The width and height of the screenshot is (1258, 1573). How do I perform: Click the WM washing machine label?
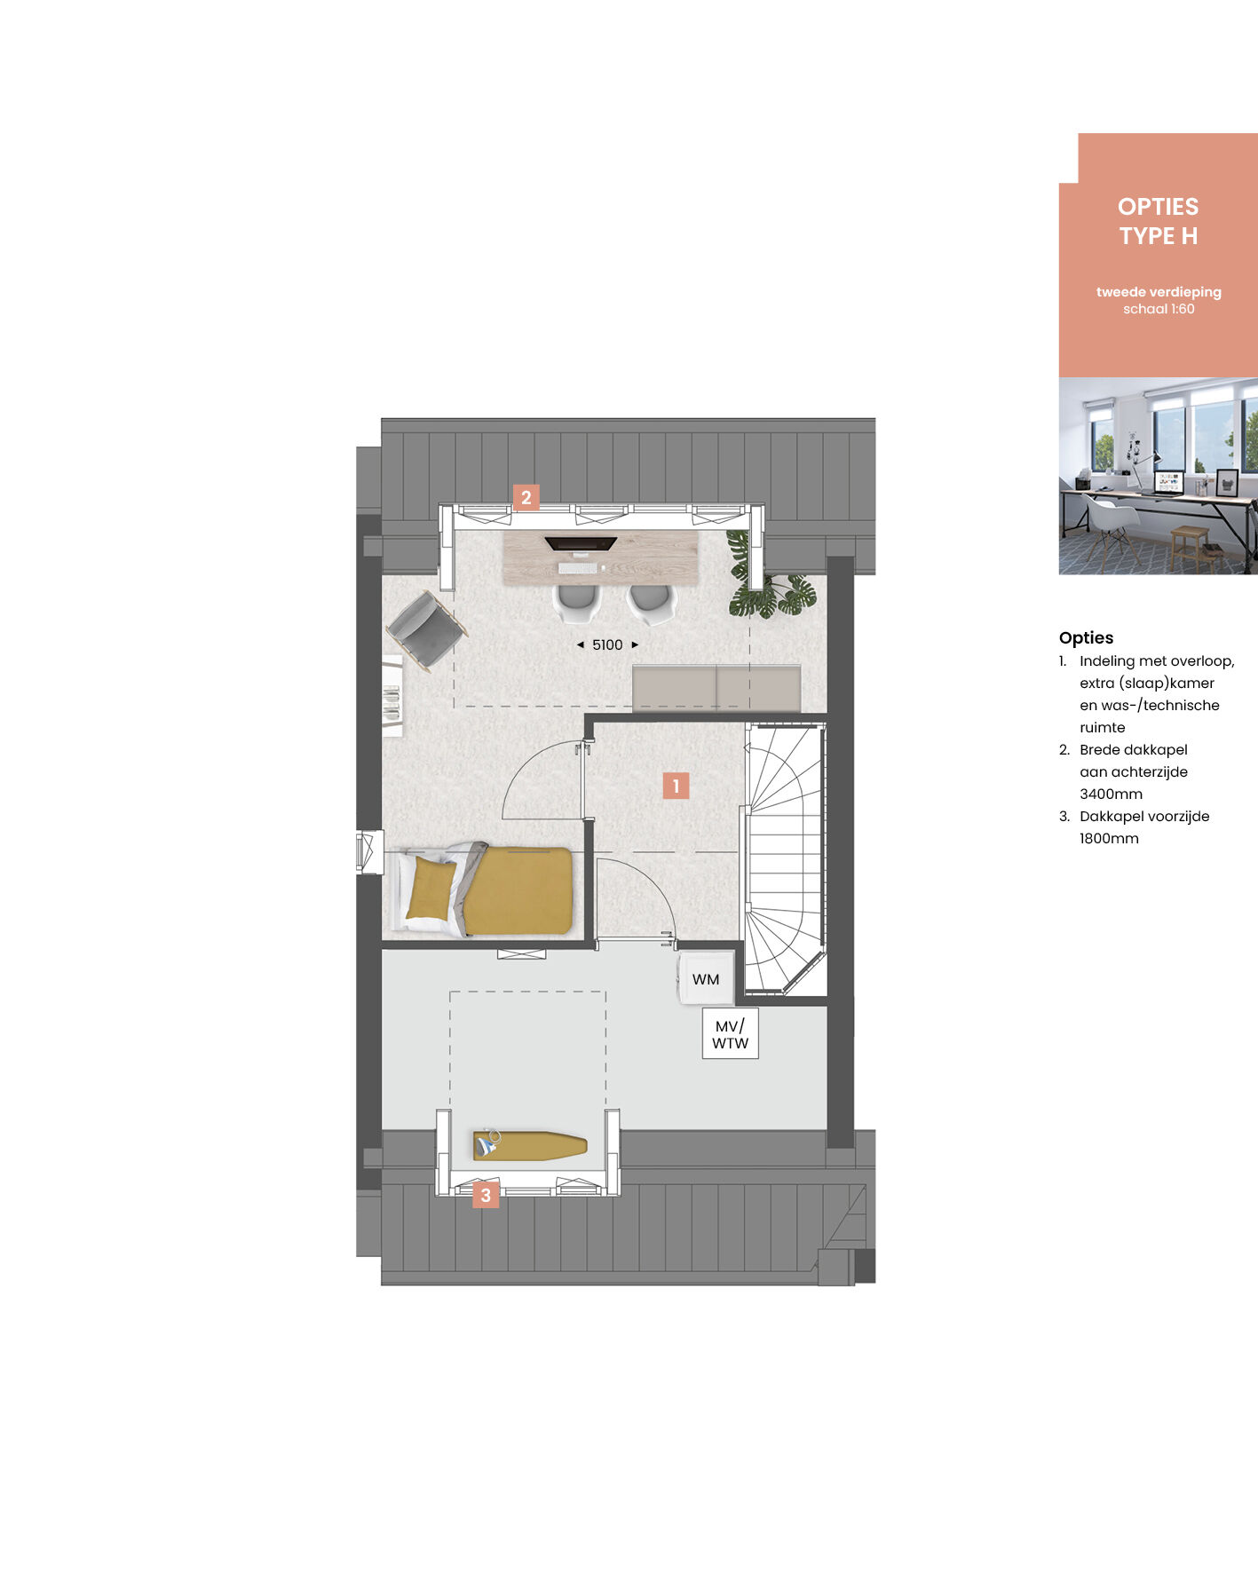pos(706,980)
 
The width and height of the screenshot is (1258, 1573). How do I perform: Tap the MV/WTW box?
pos(731,1034)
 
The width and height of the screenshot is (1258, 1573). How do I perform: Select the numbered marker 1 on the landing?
pos(676,786)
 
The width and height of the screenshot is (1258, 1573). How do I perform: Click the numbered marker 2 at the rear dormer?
pos(526,497)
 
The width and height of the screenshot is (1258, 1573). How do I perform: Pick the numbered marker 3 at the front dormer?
pos(486,1195)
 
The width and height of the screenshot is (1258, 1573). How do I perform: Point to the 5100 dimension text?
pos(607,645)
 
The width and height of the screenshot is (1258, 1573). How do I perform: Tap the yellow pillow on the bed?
pos(432,888)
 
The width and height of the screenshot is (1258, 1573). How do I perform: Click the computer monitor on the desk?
pos(581,543)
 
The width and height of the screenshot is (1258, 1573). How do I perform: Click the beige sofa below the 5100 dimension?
pos(716,688)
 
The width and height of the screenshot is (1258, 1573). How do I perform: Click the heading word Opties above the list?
pos(1086,637)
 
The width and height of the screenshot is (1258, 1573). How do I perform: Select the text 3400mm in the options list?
pos(1111,794)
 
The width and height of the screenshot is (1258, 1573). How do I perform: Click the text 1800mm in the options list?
pos(1109,838)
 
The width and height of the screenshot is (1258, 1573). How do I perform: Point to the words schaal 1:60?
pos(1159,309)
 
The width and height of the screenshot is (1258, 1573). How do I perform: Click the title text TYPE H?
pos(1159,236)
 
